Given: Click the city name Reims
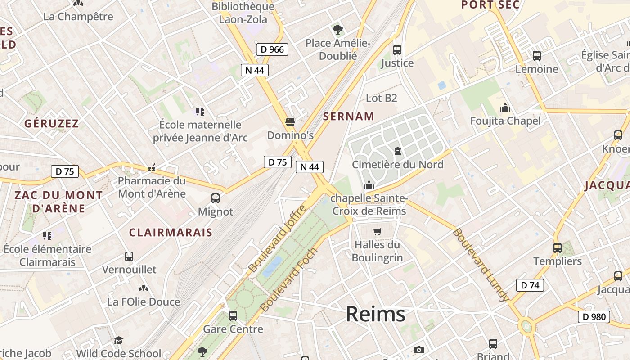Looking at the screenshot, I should [x=375, y=314].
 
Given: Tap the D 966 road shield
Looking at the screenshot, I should [x=272, y=49].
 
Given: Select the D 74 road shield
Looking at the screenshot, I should [x=530, y=285].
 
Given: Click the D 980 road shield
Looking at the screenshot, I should [x=594, y=317].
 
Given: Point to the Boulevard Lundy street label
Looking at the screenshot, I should [x=481, y=265].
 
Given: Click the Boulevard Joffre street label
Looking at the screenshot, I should [x=277, y=238].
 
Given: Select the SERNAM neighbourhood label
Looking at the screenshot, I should [x=349, y=117].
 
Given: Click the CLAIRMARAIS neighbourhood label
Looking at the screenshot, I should [x=171, y=232].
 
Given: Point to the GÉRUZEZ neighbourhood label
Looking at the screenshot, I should [x=52, y=123].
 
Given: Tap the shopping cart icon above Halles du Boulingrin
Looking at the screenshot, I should [x=377, y=232].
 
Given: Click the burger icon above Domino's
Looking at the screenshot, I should [x=290, y=121].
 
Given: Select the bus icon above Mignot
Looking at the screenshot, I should [x=216, y=198].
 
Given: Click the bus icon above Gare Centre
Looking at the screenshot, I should [x=233, y=315].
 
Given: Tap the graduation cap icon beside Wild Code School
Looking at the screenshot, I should [x=118, y=340].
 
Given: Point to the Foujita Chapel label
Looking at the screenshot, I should [x=505, y=121].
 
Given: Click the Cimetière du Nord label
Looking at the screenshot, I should [x=397, y=164].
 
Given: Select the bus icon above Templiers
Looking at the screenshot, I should [x=557, y=247].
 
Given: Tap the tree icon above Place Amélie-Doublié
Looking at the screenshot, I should [x=337, y=30].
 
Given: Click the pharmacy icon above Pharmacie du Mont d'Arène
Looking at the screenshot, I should [x=152, y=168].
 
